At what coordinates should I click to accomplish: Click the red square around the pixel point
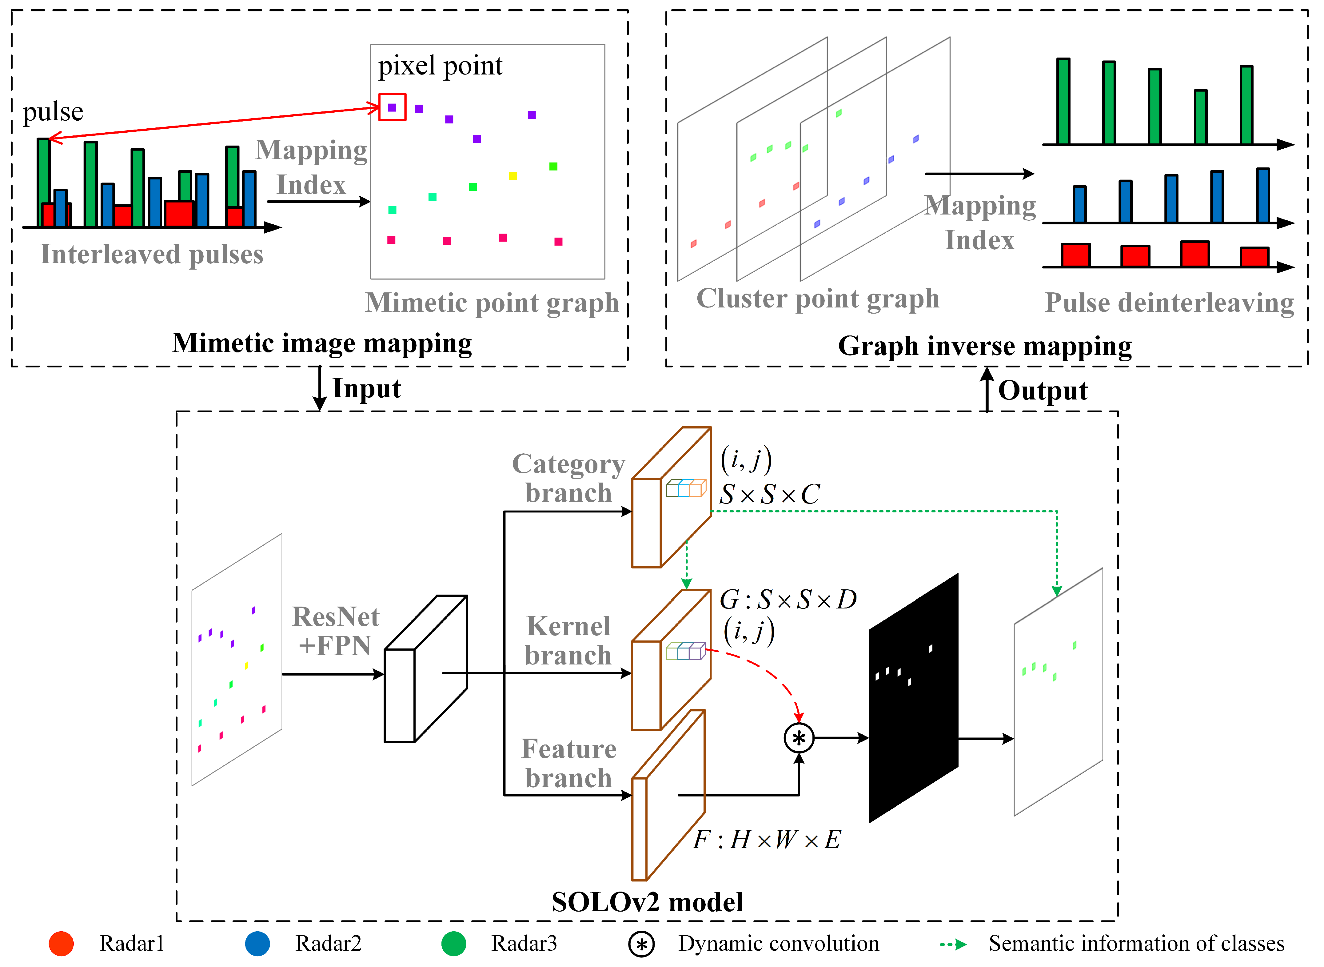click(392, 107)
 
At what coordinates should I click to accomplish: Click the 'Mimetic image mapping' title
click(322, 343)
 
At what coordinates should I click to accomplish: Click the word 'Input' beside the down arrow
click(367, 389)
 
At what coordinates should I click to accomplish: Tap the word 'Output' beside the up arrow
click(1043, 391)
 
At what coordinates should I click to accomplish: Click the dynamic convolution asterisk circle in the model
click(799, 738)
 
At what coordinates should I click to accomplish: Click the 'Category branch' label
click(568, 478)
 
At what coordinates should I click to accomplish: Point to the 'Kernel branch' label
click(568, 641)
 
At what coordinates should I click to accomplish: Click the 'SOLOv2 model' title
click(647, 902)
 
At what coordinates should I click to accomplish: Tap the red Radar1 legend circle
click(62, 944)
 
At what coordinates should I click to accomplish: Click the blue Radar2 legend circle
click(257, 944)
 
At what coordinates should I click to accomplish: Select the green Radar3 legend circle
click(453, 944)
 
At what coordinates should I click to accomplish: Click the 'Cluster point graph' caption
click(817, 299)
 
